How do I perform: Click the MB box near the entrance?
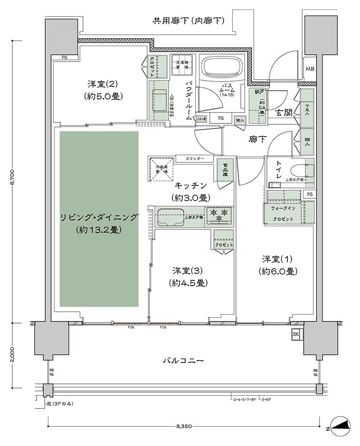(310, 69)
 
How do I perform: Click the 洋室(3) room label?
(188, 277)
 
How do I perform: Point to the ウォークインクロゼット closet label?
(283, 214)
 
